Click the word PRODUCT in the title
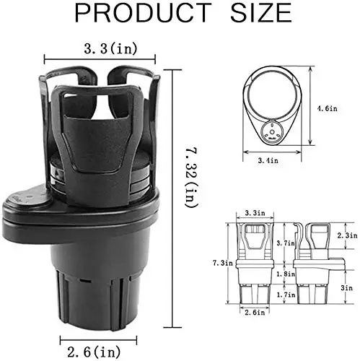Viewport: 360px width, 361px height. (144, 13)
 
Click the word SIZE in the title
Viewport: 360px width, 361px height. (261, 13)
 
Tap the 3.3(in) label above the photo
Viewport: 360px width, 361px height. (111, 48)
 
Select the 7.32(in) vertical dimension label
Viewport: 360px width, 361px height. (191, 178)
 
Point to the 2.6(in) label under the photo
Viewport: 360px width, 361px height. (94, 352)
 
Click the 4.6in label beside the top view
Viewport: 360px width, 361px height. (328, 108)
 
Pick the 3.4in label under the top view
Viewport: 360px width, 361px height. (268, 160)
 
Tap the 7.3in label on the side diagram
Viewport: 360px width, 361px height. (223, 263)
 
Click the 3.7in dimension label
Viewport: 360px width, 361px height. (286, 243)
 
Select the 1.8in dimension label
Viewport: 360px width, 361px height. (286, 274)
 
